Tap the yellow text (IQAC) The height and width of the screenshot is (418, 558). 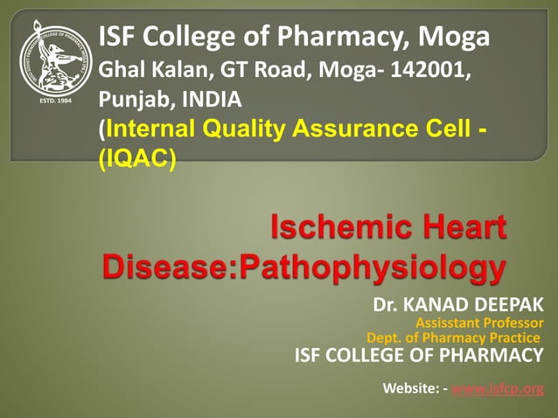137,160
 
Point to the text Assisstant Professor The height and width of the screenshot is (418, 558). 479,323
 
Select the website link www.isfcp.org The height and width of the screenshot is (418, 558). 498,388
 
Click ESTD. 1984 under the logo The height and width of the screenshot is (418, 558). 55,101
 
